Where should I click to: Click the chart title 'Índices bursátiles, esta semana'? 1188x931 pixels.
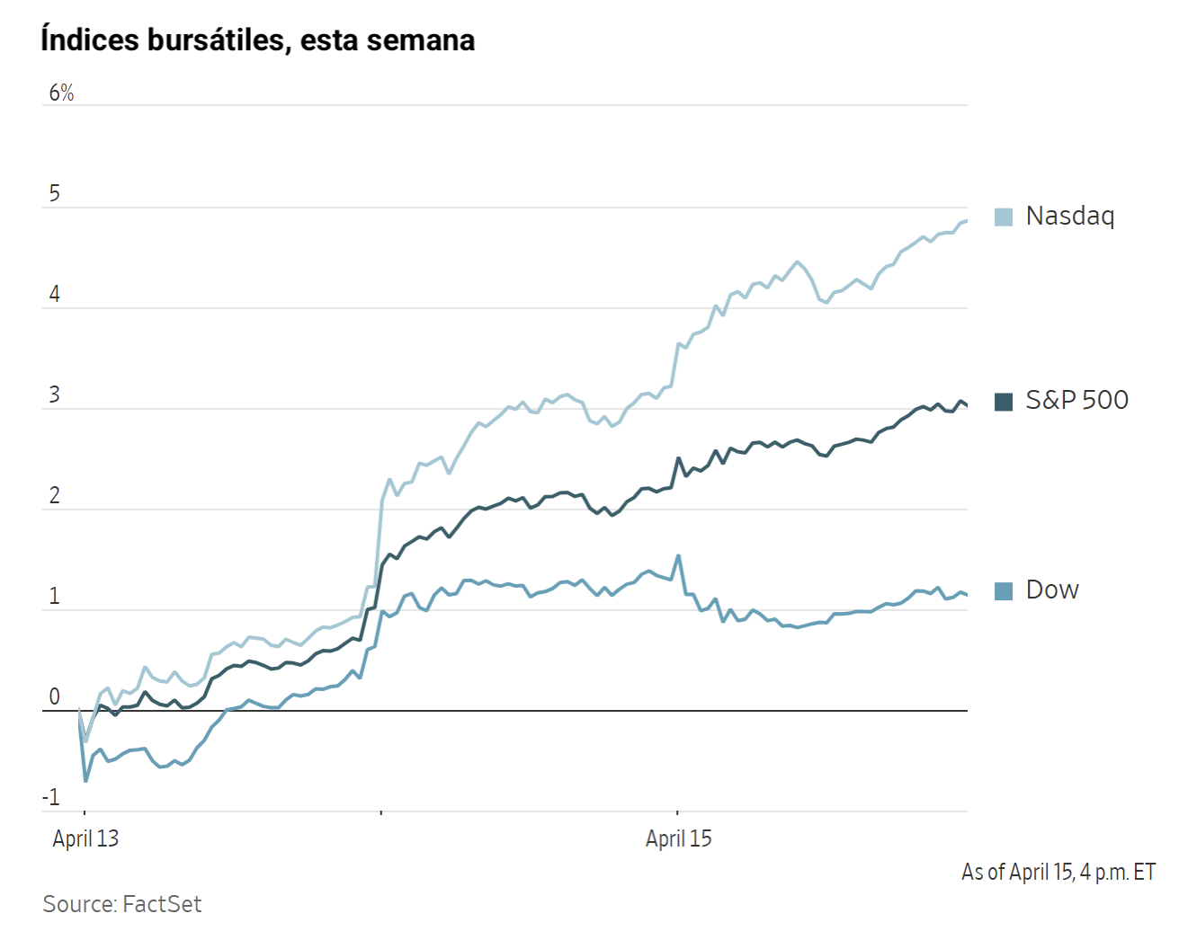pyautogui.click(x=257, y=40)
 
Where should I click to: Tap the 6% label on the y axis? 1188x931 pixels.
pyautogui.click(x=61, y=93)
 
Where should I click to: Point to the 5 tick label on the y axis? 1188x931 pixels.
pyautogui.click(x=55, y=193)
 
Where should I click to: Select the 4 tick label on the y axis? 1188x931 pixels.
pyautogui.click(x=55, y=294)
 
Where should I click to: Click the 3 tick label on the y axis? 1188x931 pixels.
pyautogui.click(x=55, y=395)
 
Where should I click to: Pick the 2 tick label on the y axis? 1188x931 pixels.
pyautogui.click(x=55, y=495)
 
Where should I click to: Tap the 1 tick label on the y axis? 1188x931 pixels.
pyautogui.click(x=55, y=596)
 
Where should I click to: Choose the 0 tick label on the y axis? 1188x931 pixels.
pyautogui.click(x=55, y=696)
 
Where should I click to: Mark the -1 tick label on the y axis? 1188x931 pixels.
pyautogui.click(x=51, y=797)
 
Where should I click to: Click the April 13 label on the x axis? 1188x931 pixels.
pyautogui.click(x=85, y=838)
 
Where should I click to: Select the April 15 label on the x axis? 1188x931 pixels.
pyautogui.click(x=678, y=838)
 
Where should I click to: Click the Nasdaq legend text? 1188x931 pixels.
pyautogui.click(x=1069, y=216)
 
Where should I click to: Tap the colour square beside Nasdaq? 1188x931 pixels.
pyautogui.click(x=1004, y=217)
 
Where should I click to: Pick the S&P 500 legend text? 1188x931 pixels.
pyautogui.click(x=1076, y=400)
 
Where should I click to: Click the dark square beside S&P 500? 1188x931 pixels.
pyautogui.click(x=1004, y=402)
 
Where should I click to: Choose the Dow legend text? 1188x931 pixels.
pyautogui.click(x=1052, y=590)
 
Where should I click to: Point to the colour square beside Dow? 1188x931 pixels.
pyautogui.click(x=1004, y=590)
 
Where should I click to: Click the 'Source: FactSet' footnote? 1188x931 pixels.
pyautogui.click(x=122, y=904)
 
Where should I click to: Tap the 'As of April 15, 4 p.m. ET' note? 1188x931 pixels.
pyautogui.click(x=1058, y=872)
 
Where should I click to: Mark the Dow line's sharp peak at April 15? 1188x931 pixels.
pyautogui.click(x=678, y=555)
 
